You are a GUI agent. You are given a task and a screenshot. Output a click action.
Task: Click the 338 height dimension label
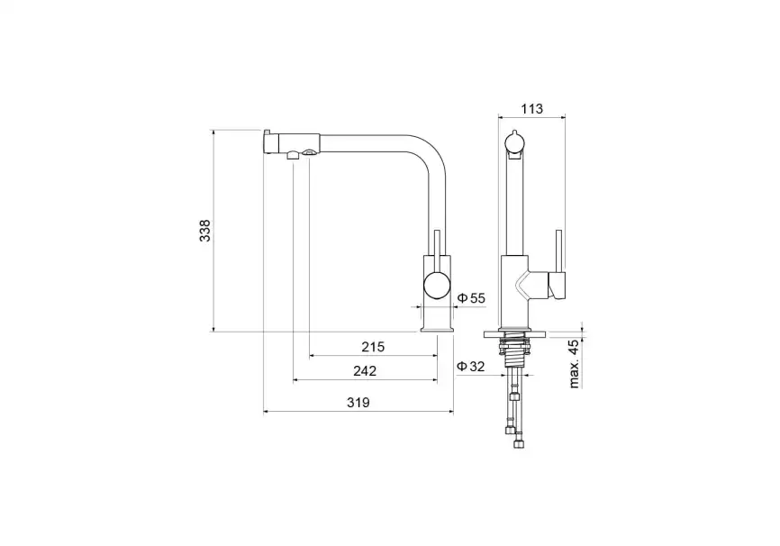coord(205,231)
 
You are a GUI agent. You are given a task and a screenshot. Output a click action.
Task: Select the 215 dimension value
coord(373,346)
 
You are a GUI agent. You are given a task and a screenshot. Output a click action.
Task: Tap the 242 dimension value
coord(365,371)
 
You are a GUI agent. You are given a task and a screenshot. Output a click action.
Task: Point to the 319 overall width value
coord(358,402)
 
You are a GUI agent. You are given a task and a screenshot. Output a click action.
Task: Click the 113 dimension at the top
coord(531,108)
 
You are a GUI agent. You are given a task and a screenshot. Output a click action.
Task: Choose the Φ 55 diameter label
coord(470,298)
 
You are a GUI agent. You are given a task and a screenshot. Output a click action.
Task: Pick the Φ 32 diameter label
coord(470,367)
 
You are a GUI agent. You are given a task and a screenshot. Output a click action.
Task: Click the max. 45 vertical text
coord(574,364)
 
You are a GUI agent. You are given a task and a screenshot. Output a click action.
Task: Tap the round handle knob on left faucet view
coord(437,286)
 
